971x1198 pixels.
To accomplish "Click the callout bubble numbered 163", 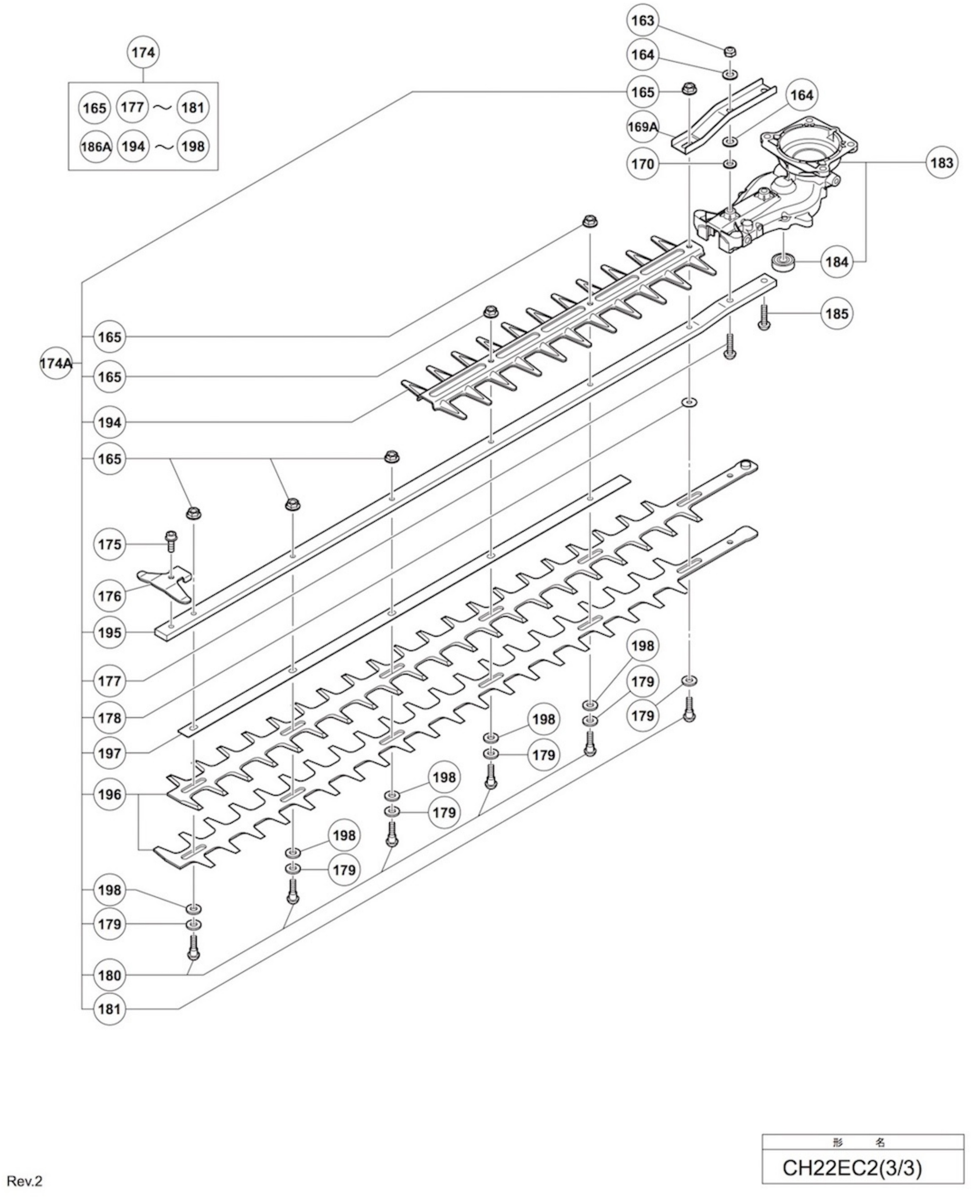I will pyautogui.click(x=642, y=20).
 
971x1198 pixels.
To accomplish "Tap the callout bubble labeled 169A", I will pyautogui.click(x=642, y=127).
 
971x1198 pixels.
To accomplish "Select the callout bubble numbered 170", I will pyautogui.click(x=642, y=164).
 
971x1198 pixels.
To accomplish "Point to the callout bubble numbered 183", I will pyautogui.click(x=941, y=163).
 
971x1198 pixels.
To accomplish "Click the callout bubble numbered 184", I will pyautogui.click(x=837, y=262).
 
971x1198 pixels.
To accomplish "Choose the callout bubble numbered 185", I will pyautogui.click(x=837, y=313).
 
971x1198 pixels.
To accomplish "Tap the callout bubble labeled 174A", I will pyautogui.click(x=56, y=363).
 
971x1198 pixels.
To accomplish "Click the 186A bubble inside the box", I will pyautogui.click(x=96, y=147).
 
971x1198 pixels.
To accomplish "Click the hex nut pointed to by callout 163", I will pyautogui.click(x=730, y=52).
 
